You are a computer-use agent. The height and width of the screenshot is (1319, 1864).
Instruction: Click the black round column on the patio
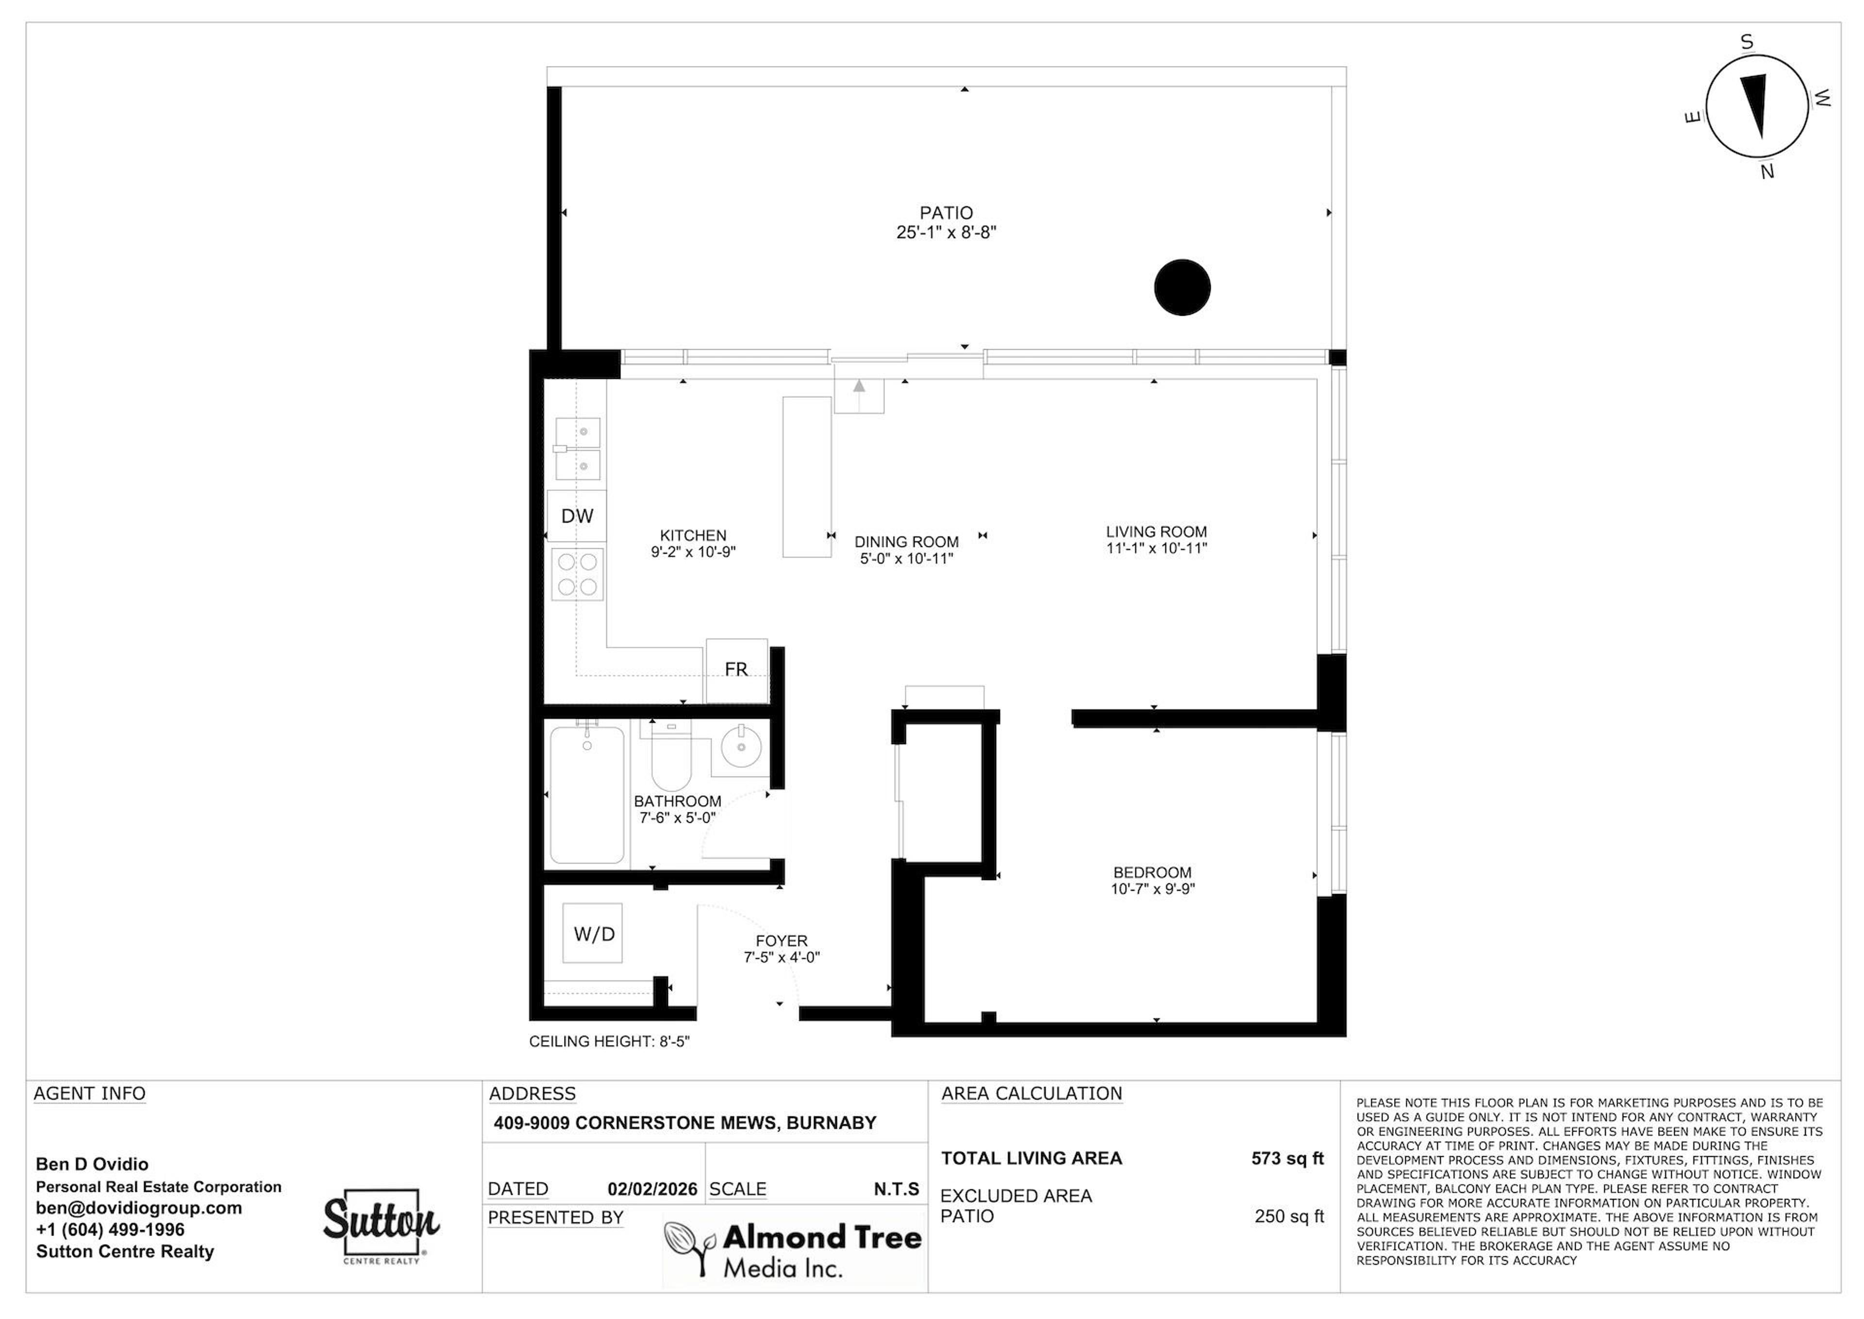1182,287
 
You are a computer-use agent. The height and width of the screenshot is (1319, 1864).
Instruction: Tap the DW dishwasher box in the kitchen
576,516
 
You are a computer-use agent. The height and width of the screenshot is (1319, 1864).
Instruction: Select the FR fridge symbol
736,670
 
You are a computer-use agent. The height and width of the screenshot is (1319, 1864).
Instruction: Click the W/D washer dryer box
594,933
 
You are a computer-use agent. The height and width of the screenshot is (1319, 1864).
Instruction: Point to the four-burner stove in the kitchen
577,574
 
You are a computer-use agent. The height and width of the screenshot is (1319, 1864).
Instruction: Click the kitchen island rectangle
806,477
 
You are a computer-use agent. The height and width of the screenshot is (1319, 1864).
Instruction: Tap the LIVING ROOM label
1156,532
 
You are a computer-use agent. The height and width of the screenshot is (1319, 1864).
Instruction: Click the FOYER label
781,941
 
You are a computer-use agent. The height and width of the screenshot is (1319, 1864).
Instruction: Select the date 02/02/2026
652,1189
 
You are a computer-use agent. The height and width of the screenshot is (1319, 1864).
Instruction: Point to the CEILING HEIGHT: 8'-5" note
609,1041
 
